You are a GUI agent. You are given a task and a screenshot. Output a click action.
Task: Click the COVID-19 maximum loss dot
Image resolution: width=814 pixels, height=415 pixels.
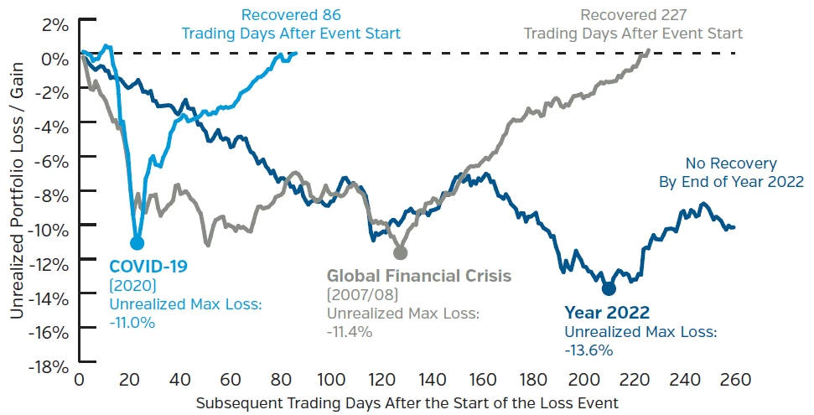point(137,243)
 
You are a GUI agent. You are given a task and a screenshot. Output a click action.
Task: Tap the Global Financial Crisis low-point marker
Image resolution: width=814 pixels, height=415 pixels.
point(400,252)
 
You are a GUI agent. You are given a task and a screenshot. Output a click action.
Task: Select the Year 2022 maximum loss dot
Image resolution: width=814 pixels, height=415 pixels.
point(609,288)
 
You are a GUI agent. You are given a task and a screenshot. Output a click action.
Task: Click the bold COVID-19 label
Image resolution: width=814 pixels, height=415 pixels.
point(148,267)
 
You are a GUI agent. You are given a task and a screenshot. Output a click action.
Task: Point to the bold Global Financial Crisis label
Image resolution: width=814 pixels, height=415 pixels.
point(418,275)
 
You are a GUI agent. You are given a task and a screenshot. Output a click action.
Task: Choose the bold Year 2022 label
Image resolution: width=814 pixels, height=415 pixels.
point(606,313)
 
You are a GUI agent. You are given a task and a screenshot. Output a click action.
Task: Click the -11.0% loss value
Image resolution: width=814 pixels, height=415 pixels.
point(132,322)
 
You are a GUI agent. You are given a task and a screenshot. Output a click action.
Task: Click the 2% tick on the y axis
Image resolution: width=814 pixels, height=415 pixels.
point(54,23)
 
